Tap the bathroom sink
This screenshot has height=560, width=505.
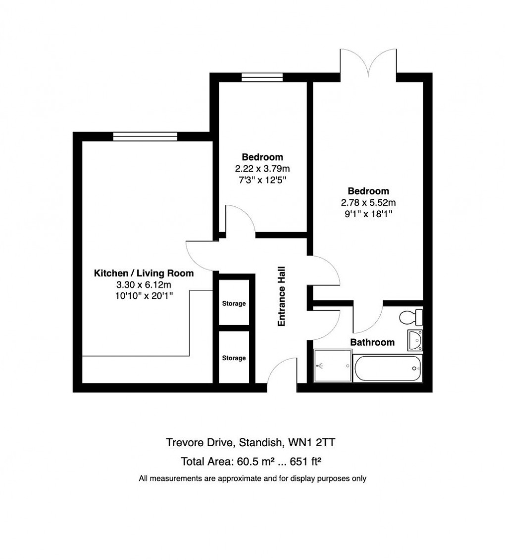[414, 340]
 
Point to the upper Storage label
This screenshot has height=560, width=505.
[234, 304]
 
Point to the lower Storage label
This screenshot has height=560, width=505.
[234, 358]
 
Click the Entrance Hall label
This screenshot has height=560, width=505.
[282, 296]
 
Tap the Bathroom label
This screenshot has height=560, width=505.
[372, 342]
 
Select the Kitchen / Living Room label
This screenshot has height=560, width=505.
[144, 273]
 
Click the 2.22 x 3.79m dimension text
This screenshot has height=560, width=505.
[263, 168]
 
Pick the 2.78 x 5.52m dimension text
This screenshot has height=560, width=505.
[368, 202]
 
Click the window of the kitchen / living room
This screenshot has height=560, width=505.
[145, 137]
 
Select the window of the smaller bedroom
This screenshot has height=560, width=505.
[262, 77]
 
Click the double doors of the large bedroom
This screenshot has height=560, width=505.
[369, 64]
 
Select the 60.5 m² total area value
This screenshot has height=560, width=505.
[250, 463]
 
